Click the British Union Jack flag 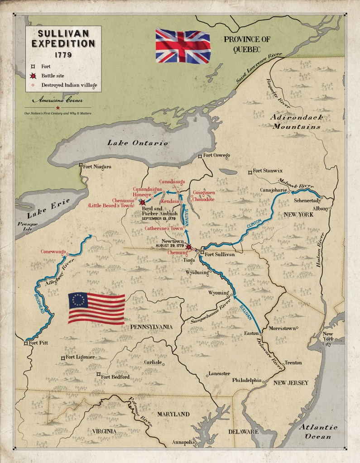point(180,45)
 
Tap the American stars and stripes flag point(96,308)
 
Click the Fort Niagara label point(97,167)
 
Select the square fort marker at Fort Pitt point(26,344)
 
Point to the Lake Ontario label point(137,143)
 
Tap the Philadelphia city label point(247,380)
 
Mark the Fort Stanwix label point(267,171)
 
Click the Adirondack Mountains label point(297,122)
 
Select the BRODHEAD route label point(39,302)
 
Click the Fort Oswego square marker point(200,156)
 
